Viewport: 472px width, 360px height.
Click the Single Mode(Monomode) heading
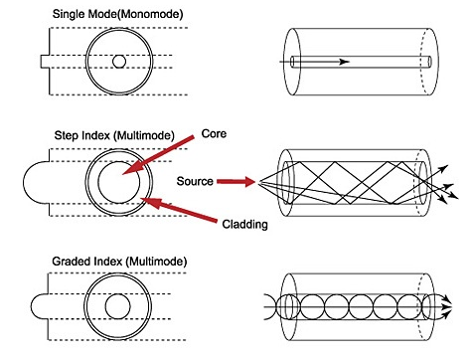117,15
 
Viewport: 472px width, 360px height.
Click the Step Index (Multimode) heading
114,135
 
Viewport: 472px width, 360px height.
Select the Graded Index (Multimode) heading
119,262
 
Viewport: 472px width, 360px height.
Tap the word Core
214,133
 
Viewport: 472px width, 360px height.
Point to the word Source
195,181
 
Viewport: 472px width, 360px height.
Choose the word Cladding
244,225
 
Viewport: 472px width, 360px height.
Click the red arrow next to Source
236,181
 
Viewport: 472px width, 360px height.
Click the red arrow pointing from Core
158,154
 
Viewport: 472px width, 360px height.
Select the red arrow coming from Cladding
179,210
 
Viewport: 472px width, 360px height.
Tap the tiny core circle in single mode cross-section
119,62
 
